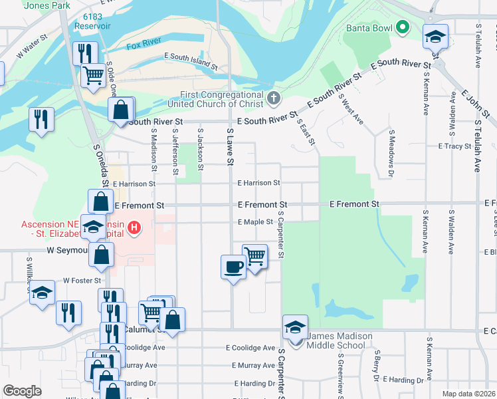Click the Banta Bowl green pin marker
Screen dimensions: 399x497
(x=402, y=28)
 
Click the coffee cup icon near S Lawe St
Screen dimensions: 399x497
(x=233, y=267)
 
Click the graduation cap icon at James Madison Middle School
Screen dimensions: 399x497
(x=295, y=327)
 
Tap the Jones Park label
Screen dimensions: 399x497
(x=47, y=5)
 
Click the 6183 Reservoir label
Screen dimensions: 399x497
(x=92, y=21)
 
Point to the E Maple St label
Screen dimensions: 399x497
(x=255, y=222)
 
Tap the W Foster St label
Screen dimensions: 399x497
(x=82, y=281)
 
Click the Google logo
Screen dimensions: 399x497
(x=22, y=391)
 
